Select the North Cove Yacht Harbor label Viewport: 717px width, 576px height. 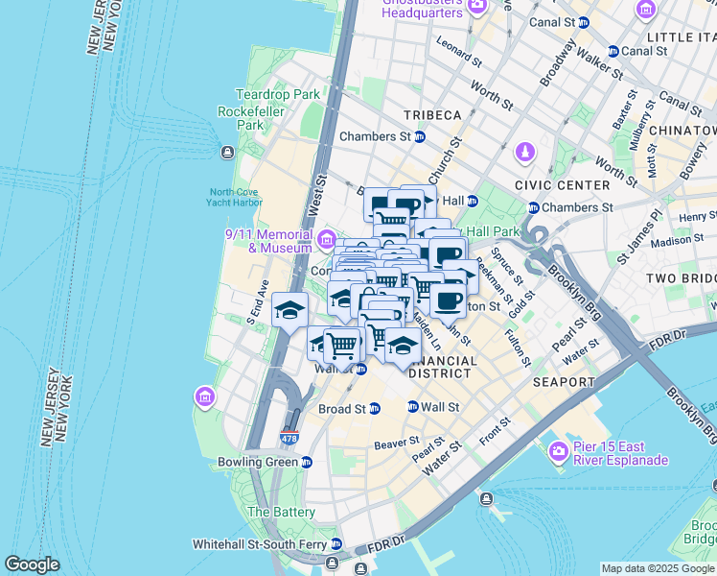[x=235, y=196]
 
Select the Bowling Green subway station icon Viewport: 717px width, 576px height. [x=306, y=462]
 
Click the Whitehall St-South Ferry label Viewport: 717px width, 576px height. [x=259, y=543]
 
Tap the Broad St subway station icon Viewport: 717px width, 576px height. [x=375, y=408]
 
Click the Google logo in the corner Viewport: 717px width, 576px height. [x=32, y=564]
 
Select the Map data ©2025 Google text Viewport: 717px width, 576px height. [x=657, y=568]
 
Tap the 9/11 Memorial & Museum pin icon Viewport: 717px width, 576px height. [x=327, y=238]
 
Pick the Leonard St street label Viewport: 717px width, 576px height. [x=459, y=52]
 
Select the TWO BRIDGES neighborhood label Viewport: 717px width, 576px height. [x=681, y=277]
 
